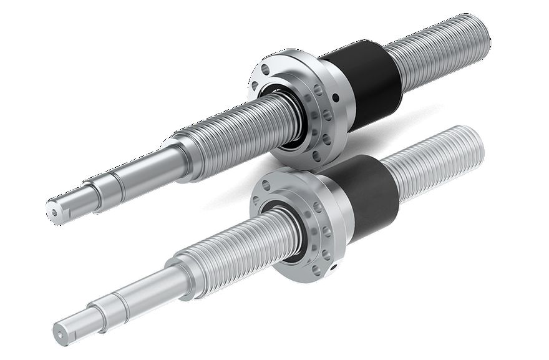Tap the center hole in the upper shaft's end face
[54, 210]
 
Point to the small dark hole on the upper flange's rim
[336, 97]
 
